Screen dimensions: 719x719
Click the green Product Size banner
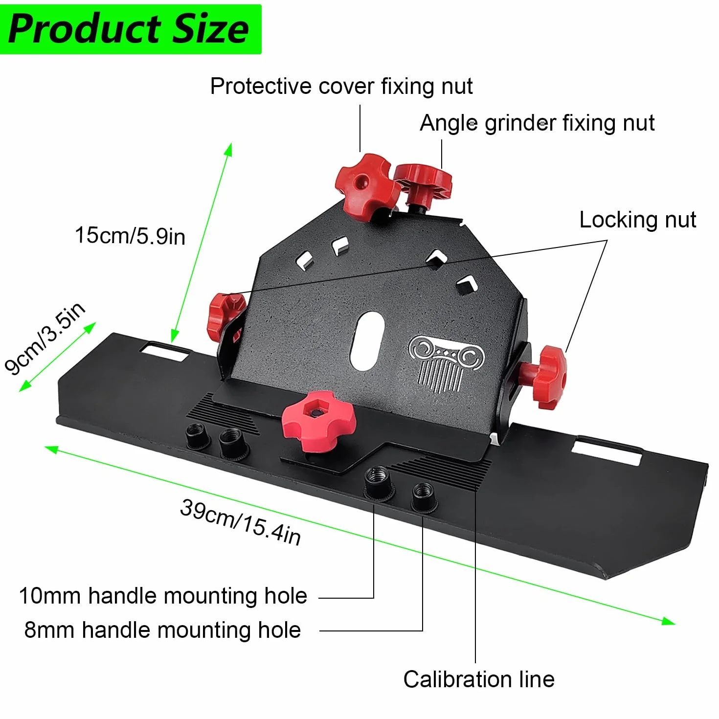131,29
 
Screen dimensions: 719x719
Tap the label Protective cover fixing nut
341,87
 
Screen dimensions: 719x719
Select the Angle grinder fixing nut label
537,123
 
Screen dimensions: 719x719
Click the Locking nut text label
638,220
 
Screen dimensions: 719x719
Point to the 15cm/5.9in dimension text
130,236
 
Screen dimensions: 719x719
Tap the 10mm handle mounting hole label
163,596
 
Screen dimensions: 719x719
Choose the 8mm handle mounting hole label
163,630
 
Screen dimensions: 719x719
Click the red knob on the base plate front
318,421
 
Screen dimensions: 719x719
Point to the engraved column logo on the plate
446,364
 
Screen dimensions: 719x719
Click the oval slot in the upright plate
367,341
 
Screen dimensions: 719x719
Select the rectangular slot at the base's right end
607,449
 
